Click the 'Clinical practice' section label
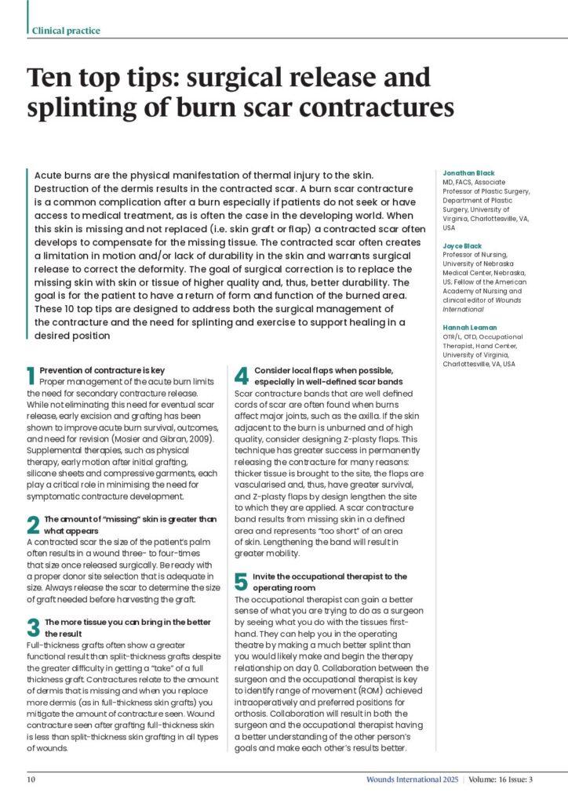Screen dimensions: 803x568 coord(66,31)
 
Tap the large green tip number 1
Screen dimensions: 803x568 coord(31,374)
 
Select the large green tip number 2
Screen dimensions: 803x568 coord(33,525)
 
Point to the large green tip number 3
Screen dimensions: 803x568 coord(33,627)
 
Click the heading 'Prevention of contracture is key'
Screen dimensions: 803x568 coord(102,369)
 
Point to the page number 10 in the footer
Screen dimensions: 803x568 coord(31,779)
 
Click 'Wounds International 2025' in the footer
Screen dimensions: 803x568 coord(411,779)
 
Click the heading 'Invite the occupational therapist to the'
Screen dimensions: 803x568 coord(330,576)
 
